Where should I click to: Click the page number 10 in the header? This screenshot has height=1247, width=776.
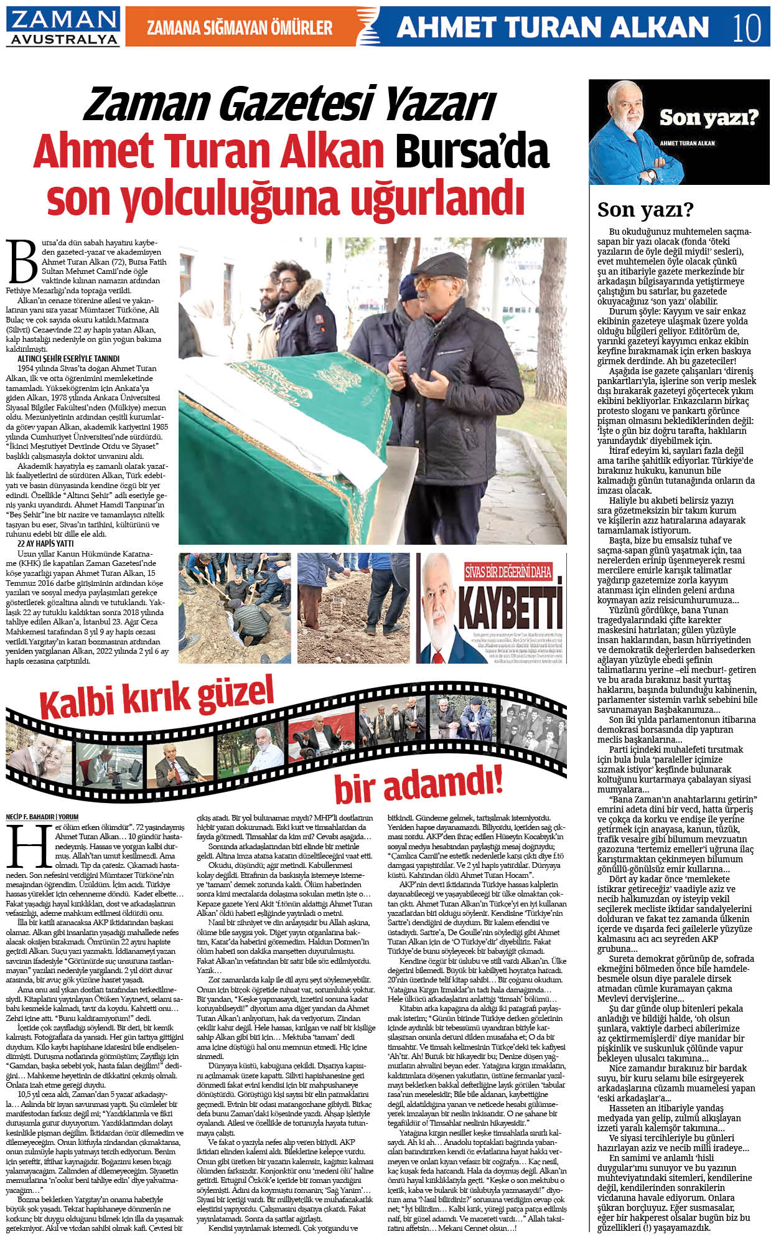pos(746,27)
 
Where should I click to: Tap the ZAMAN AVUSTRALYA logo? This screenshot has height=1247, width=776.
pos(63,27)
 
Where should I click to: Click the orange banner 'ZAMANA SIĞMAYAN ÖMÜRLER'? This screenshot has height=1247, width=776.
pos(240,27)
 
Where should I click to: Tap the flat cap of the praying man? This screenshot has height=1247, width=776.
pos(439,265)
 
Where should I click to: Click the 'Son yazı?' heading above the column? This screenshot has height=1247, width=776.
pos(645,210)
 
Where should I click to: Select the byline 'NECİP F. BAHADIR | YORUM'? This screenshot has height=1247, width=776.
pos(42,816)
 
